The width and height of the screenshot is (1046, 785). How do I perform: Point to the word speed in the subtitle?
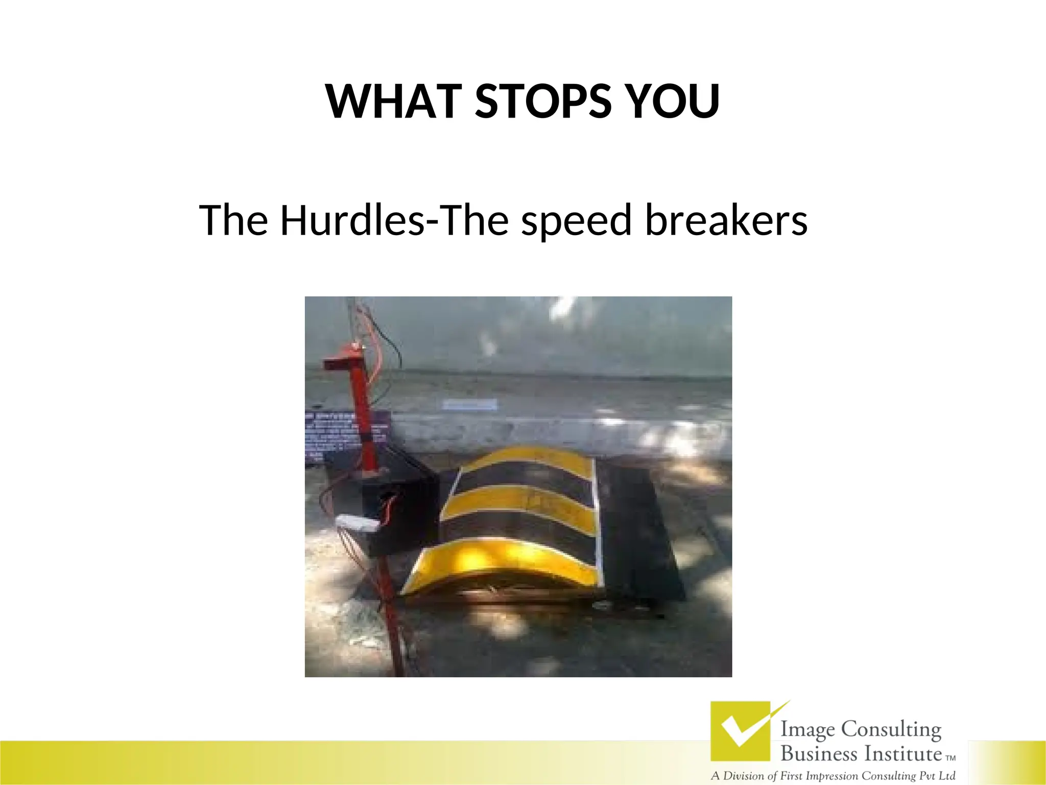click(x=576, y=221)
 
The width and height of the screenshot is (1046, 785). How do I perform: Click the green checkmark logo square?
click(x=740, y=731)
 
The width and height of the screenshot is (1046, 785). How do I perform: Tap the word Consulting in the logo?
click(x=891, y=729)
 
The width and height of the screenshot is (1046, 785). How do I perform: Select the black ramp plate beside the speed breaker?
click(x=638, y=532)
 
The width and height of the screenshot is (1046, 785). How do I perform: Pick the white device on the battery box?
click(x=356, y=522)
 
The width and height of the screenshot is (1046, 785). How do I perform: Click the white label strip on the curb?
click(x=469, y=405)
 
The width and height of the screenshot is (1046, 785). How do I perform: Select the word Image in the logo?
click(x=809, y=729)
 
